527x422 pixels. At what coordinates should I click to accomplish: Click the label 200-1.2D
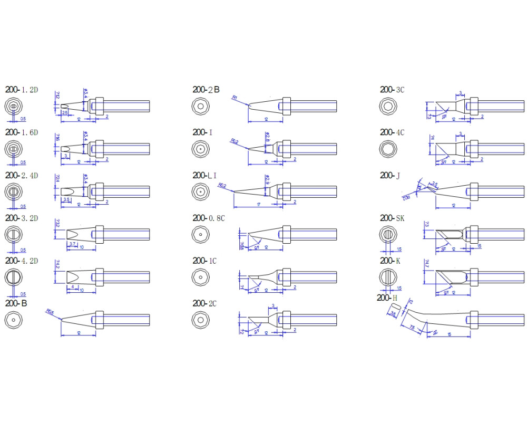pyautogui.click(x=22, y=90)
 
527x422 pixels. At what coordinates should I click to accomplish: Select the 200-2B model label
pyautogui.click(x=206, y=90)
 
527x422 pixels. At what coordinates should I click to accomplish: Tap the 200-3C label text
pyautogui.click(x=393, y=90)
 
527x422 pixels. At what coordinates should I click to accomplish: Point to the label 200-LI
pyautogui.click(x=205, y=175)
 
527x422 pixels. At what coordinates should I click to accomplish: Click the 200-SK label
pyautogui.click(x=393, y=218)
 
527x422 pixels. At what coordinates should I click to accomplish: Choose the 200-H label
pyautogui.click(x=387, y=298)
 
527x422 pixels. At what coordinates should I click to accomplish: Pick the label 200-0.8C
pyautogui.click(x=209, y=218)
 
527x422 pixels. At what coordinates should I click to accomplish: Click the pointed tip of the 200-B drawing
pyautogui.click(x=62, y=319)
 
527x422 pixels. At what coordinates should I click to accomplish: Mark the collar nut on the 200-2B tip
pyautogui.click(x=287, y=105)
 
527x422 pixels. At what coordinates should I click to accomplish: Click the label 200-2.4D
pyautogui.click(x=22, y=175)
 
